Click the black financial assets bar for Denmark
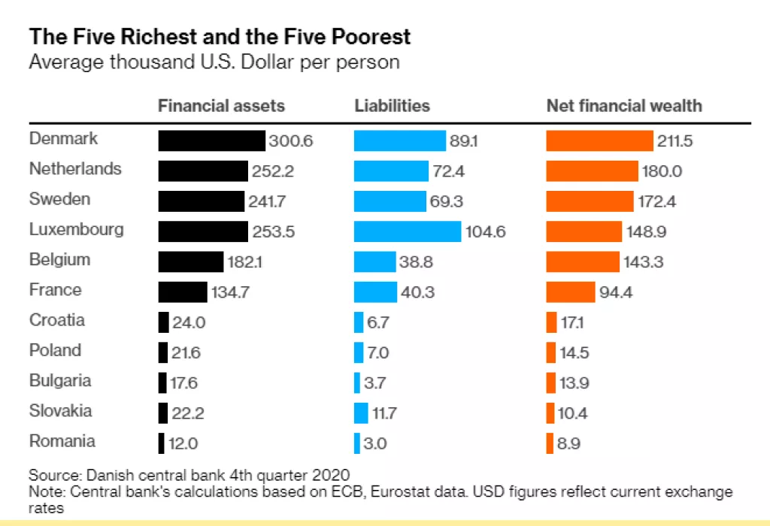point(211,141)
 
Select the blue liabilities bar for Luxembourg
point(407,231)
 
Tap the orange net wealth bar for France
point(571,292)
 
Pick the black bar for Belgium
point(191,261)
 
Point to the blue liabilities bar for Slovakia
point(361,413)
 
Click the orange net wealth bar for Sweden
point(590,201)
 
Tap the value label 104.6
point(486,232)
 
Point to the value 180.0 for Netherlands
point(662,172)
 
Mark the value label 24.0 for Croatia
point(189,322)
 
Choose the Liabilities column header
point(392,106)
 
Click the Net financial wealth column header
point(623,106)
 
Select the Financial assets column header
point(221,106)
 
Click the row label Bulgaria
point(60,380)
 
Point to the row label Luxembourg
point(76,229)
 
